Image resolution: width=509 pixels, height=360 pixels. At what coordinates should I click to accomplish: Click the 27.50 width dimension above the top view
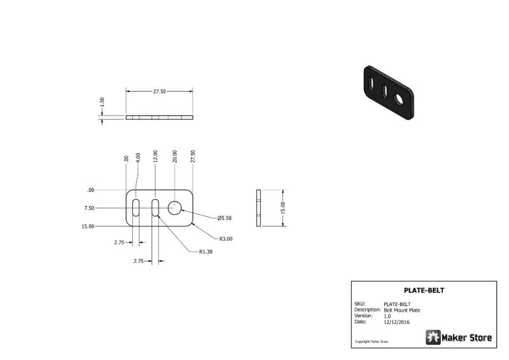coord(160,91)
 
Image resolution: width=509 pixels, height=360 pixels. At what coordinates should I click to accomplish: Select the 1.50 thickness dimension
coord(102,102)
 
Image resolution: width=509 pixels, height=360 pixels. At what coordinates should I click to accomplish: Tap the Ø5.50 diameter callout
coord(225,218)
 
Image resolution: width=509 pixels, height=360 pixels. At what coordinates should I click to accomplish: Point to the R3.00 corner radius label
coord(226,239)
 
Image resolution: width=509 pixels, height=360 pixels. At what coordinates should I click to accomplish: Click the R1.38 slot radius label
coord(206,252)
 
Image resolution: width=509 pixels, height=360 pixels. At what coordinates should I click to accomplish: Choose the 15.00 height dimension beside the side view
coord(282,208)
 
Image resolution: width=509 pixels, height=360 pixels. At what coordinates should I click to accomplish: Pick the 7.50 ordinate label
coord(89,208)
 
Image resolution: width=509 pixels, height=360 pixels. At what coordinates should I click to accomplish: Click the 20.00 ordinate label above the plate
coord(174,156)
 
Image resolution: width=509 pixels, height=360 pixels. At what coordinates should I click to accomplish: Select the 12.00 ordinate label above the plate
coord(155,156)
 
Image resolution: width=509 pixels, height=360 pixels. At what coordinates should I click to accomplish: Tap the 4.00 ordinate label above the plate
coord(138,158)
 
